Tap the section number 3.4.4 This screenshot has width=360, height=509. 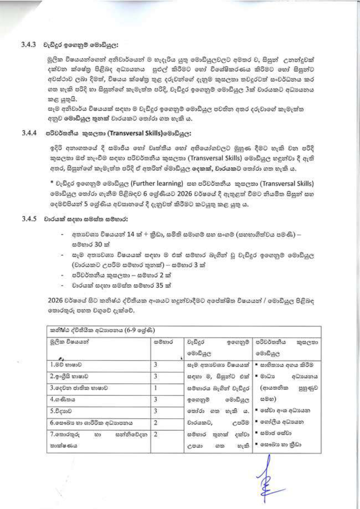29,133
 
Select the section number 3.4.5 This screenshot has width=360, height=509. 29,219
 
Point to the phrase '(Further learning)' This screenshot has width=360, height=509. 157,184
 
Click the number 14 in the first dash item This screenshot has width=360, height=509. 130,235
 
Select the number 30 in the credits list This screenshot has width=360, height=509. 98,244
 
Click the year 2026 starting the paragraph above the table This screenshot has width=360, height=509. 55,300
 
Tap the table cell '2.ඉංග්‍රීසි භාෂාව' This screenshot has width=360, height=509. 69,376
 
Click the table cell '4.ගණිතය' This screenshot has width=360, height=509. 63,399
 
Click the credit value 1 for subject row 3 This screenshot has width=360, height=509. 155,388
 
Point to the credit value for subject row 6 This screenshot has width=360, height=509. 156,423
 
